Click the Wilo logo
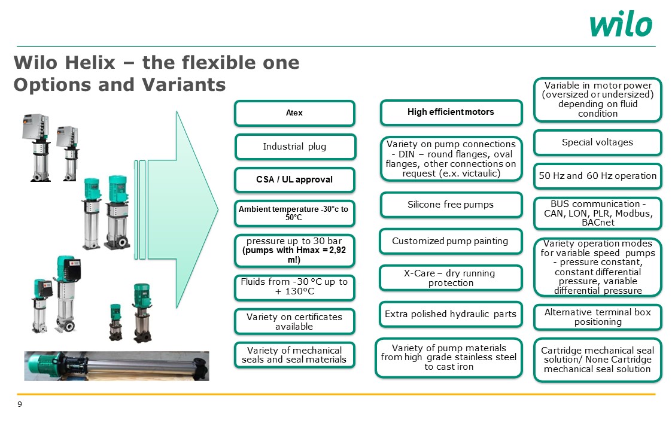[x=621, y=25]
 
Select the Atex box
[x=294, y=113]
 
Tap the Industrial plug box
[x=295, y=147]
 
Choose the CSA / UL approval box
[x=294, y=179]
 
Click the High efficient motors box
[x=451, y=112]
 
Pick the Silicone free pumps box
[x=451, y=205]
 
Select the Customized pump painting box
[x=451, y=241]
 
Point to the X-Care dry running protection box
[x=451, y=278]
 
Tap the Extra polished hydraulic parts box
[x=451, y=314]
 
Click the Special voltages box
[x=597, y=143]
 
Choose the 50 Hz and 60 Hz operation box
[x=597, y=176]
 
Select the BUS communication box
[x=597, y=213]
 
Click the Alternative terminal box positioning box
[x=597, y=317]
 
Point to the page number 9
[x=20, y=404]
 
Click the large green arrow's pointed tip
[x=218, y=209]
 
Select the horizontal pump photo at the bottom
[x=117, y=366]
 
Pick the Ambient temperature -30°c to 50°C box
[x=294, y=214]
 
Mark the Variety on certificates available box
[x=294, y=321]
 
